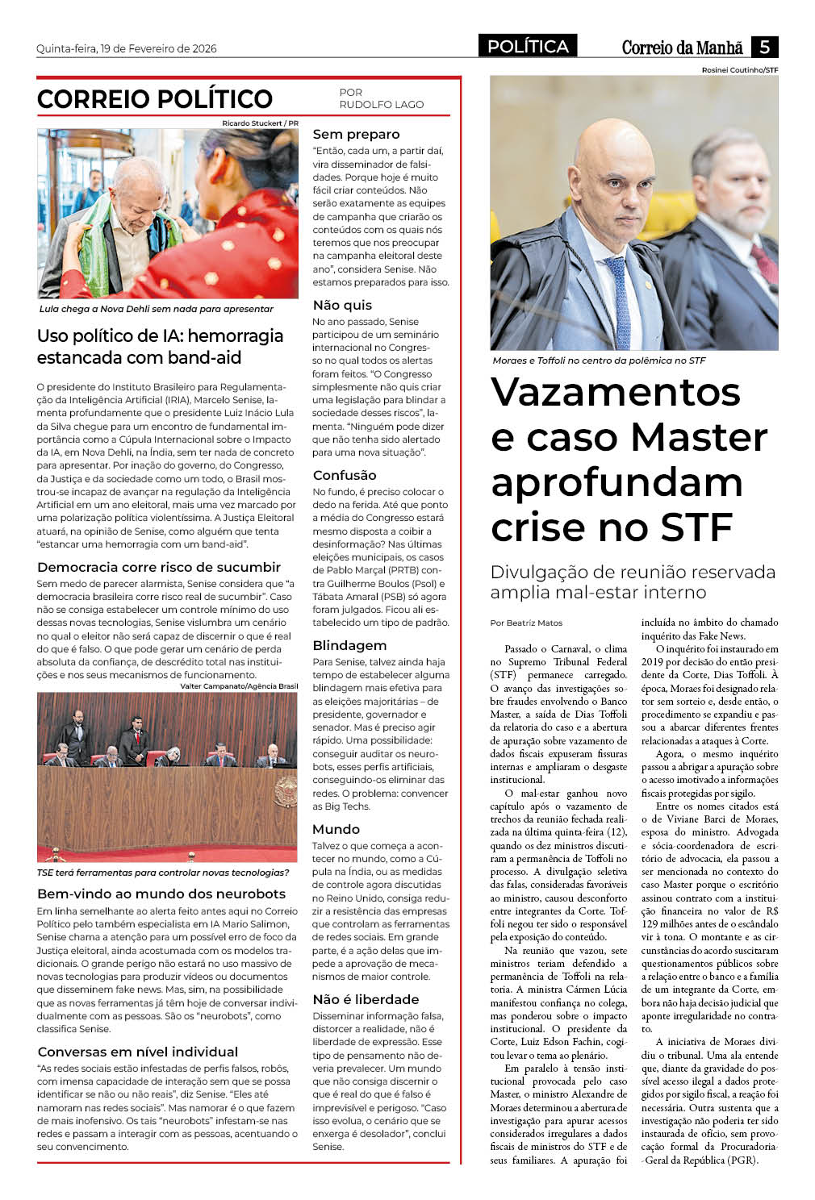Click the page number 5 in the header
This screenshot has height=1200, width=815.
[763, 47]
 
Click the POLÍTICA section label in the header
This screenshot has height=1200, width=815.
[528, 47]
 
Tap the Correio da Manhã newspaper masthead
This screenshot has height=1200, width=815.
[682, 48]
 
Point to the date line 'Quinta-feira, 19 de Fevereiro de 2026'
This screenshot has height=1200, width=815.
[127, 48]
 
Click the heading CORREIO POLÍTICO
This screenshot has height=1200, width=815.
[155, 99]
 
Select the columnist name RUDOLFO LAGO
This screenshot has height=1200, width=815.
[381, 105]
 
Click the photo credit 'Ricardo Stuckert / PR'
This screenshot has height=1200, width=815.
[260, 123]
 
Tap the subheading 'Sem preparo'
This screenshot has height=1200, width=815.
[356, 135]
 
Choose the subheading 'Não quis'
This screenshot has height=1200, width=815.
[342, 305]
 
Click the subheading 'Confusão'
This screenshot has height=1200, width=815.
[345, 475]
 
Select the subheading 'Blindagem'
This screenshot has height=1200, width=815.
[349, 645]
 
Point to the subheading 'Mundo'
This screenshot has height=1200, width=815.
[336, 829]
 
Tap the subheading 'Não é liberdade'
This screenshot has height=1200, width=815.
[366, 999]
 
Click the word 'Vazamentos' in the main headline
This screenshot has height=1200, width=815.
[616, 392]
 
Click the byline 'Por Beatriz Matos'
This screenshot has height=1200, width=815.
[526, 623]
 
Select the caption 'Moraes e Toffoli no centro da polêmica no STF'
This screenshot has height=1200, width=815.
[599, 360]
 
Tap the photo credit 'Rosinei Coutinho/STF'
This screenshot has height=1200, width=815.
[739, 70]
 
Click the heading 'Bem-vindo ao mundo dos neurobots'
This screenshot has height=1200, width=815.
[161, 894]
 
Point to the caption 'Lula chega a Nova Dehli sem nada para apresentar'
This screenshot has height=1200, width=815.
[157, 309]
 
